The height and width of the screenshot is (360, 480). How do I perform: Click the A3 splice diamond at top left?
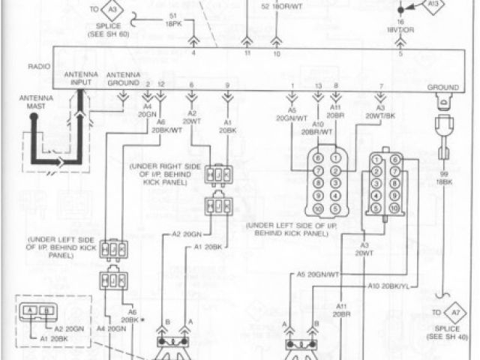[x=111, y=9]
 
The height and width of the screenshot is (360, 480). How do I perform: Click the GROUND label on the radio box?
[x=442, y=87]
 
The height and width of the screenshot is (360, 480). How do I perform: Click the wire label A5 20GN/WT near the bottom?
[x=319, y=274]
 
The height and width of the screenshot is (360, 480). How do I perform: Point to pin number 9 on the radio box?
[x=227, y=86]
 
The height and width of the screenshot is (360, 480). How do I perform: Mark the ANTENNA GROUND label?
[x=123, y=78]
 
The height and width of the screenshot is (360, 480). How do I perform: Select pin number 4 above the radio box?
[x=193, y=52]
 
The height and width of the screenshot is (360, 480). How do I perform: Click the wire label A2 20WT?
[x=192, y=116]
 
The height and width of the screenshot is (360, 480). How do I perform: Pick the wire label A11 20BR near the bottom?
[x=343, y=310]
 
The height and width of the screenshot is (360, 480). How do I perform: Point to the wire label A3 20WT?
[x=364, y=248]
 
